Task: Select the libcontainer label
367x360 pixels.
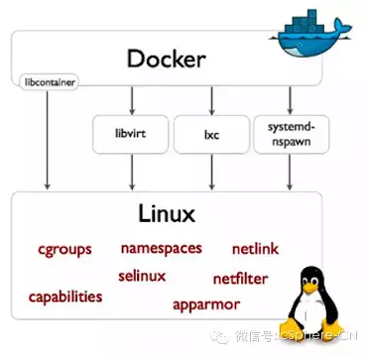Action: [46, 77]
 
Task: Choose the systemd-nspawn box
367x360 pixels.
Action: [289, 133]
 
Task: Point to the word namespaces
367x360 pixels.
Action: [162, 247]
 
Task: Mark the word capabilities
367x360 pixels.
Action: [65, 296]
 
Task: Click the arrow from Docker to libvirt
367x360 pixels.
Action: [132, 99]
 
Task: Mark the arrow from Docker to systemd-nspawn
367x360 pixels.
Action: [289, 99]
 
